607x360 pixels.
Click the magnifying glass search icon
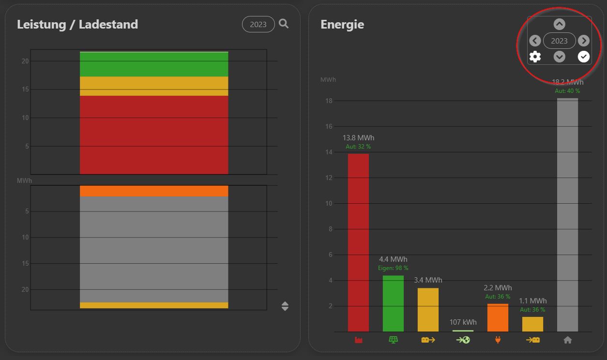[x=284, y=24]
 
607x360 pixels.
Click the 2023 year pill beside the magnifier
[x=258, y=24]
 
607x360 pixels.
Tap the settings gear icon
[x=535, y=57]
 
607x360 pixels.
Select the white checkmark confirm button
[x=584, y=57]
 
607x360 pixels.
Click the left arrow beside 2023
[x=535, y=41]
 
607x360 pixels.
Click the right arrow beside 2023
[x=584, y=41]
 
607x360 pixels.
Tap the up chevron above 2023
[x=559, y=24]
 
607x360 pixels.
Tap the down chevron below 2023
[x=559, y=57]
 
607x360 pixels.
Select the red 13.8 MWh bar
[x=358, y=242]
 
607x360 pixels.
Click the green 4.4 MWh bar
[x=393, y=303]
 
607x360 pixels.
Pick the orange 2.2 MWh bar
[x=498, y=317]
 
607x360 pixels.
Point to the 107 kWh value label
[x=463, y=322]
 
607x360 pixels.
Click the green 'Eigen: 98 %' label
[x=393, y=268]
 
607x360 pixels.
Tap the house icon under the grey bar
[x=568, y=340]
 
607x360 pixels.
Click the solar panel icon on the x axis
[x=393, y=340]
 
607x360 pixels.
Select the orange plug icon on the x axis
[x=498, y=340]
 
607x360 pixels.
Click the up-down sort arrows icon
[x=285, y=306]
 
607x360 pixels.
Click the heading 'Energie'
[x=342, y=24]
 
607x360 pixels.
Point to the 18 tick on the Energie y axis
[x=329, y=101]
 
